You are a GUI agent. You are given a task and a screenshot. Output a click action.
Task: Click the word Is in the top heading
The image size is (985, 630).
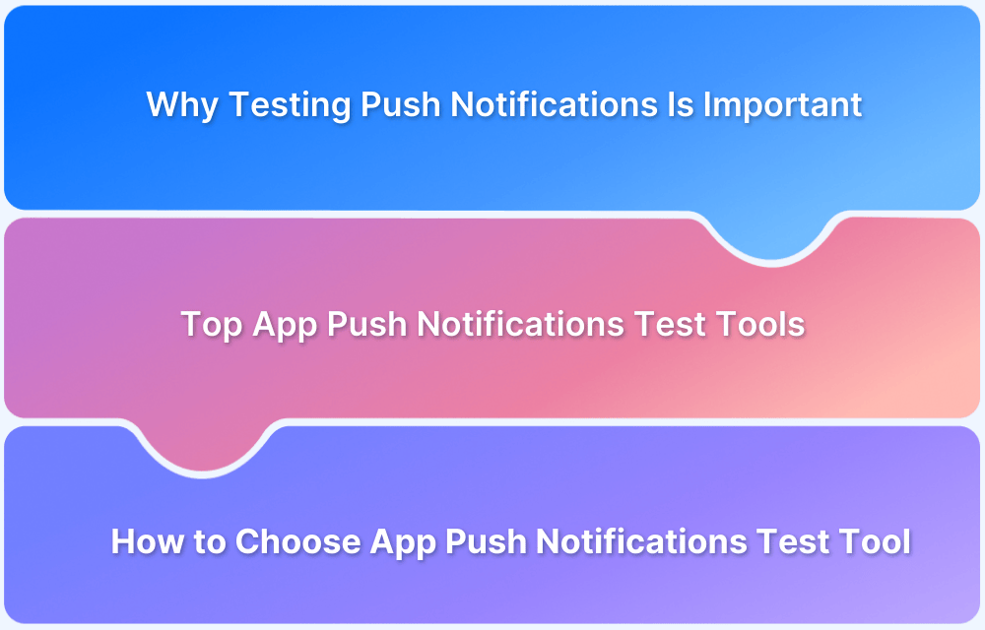click(x=681, y=104)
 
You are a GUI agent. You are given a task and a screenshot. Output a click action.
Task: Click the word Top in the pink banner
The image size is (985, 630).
click(x=211, y=324)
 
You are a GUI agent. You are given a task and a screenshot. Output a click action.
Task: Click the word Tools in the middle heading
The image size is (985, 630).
click(x=763, y=324)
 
